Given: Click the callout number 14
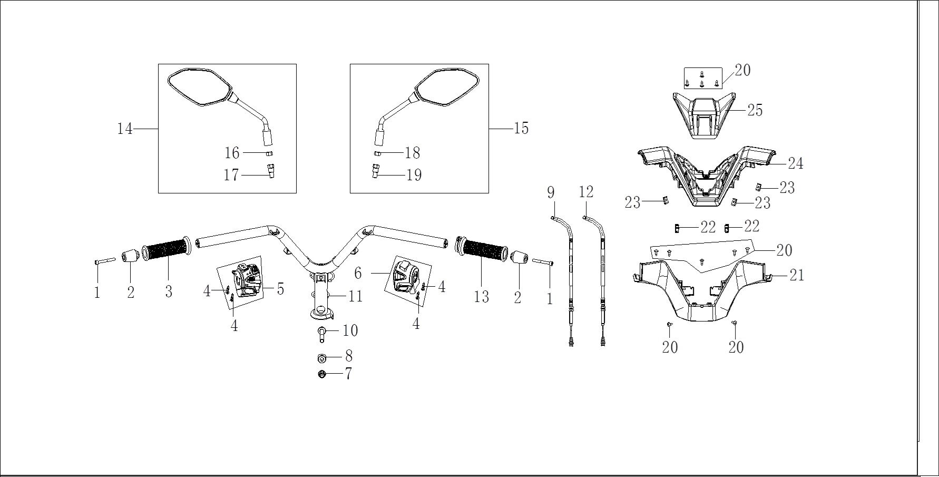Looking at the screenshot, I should (125, 129).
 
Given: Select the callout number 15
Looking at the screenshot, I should (521, 128).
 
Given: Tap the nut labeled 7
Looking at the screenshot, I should (321, 374).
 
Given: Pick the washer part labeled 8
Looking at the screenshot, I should (321, 358).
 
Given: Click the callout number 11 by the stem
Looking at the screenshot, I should (356, 296).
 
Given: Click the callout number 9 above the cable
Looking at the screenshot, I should (551, 192).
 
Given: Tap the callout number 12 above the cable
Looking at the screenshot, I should (586, 192).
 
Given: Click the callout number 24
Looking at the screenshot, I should (795, 163).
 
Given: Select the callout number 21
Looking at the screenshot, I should (797, 275).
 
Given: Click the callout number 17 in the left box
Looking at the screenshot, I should (231, 175).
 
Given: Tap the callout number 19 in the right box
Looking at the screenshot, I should (414, 175).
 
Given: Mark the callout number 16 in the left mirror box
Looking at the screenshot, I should (232, 153).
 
